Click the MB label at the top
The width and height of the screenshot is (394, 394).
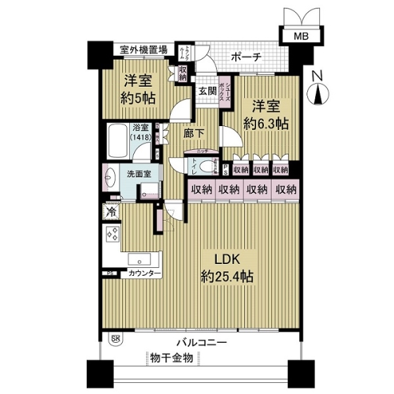click(x=299, y=37)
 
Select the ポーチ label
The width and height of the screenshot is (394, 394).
click(x=247, y=58)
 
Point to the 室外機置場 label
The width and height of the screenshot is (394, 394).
click(x=142, y=49)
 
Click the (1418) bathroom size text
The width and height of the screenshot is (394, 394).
click(x=139, y=138)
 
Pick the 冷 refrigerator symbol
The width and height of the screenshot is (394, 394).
click(x=111, y=212)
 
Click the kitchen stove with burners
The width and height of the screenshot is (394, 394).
click(x=111, y=235)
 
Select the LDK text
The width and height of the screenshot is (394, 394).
click(x=222, y=259)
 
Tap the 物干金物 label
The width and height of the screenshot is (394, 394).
click(x=171, y=358)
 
